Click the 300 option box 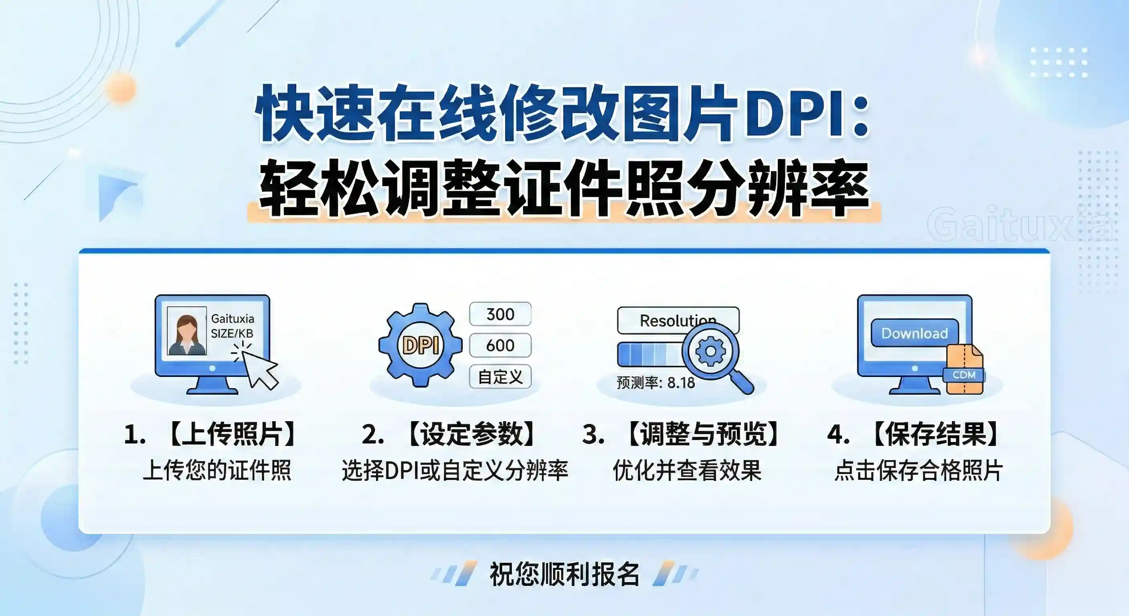(x=500, y=314)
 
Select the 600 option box (x=500, y=345)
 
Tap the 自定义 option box (x=500, y=377)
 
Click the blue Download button (x=914, y=333)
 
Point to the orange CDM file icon (x=964, y=370)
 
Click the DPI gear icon (x=420, y=345)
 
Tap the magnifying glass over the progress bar (x=712, y=352)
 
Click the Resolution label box (x=678, y=320)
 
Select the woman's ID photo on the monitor (x=187, y=331)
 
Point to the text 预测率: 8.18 (x=656, y=383)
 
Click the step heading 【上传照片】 (x=232, y=434)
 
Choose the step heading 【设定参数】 (x=471, y=434)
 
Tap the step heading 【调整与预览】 (x=704, y=434)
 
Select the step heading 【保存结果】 (x=935, y=434)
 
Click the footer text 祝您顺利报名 (x=564, y=574)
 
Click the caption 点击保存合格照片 (x=919, y=470)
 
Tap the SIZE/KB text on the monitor (x=232, y=333)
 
